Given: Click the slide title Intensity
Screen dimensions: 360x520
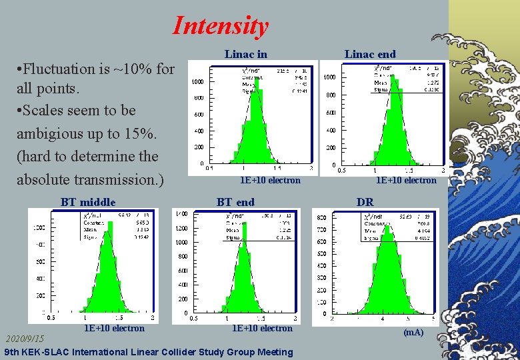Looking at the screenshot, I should tap(220, 25).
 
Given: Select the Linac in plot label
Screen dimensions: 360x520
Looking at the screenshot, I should tap(245, 54).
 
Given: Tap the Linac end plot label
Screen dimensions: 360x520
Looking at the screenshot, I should tap(370, 54).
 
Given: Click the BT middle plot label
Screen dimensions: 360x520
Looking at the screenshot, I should tap(88, 202).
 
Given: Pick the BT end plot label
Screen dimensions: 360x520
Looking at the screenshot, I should tap(235, 202).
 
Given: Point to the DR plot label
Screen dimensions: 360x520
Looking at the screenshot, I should tap(365, 202).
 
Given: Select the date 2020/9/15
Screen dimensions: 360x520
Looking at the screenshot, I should tap(25, 339).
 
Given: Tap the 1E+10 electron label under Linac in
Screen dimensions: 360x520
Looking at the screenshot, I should tap(270, 180).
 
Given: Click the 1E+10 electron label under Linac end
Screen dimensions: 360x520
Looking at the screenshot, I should tap(406, 180).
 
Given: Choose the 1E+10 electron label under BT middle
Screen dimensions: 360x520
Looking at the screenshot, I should tap(114, 328).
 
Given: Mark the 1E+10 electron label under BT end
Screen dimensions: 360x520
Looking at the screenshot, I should tap(262, 328).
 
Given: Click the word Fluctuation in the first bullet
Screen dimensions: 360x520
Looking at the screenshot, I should tap(61, 69).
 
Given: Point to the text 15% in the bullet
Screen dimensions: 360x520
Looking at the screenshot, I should tap(140, 133).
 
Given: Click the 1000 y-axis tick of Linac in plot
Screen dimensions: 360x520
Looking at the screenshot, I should tap(198, 82).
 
